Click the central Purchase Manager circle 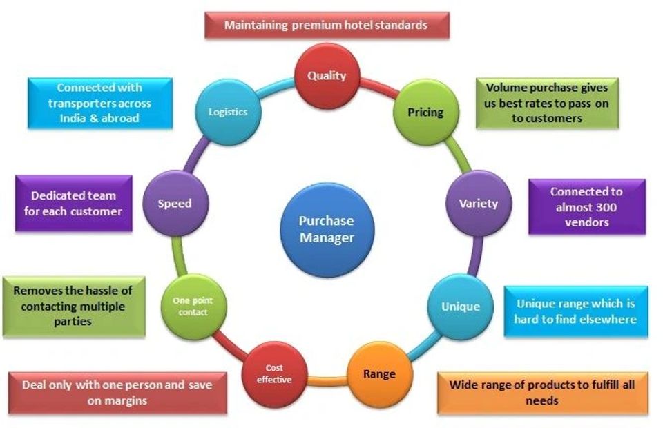[x=326, y=229]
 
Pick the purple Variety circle [x=478, y=203]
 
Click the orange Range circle [x=379, y=373]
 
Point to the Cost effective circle [x=274, y=373]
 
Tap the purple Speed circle [x=174, y=204]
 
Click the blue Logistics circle [x=228, y=112]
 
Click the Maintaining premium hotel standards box [x=326, y=26]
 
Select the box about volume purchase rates [x=546, y=103]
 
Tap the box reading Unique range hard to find [x=575, y=311]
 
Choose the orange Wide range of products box [x=542, y=391]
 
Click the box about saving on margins [x=117, y=392]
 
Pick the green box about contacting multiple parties [x=73, y=307]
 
